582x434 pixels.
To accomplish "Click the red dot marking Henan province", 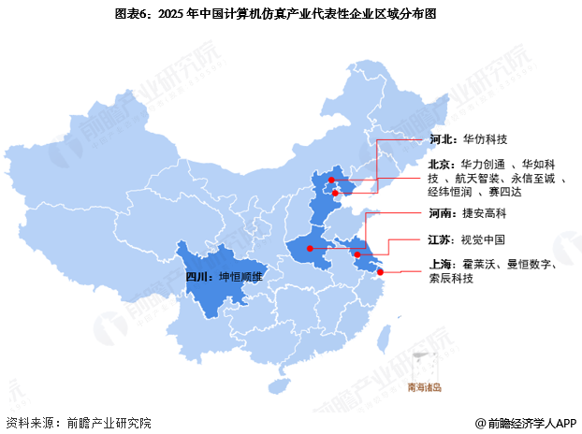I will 310,249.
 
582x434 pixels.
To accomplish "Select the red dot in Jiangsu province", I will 356,253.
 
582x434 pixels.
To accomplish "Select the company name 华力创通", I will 483,164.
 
